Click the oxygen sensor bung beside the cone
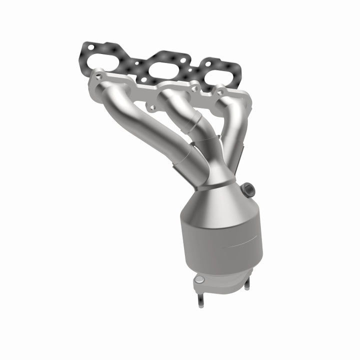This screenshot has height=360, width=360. click(x=248, y=190)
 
